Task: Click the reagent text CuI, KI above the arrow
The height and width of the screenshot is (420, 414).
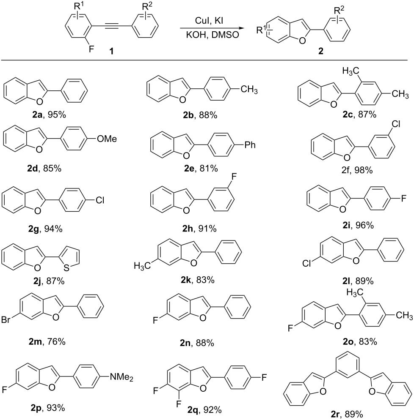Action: pyautogui.click(x=209, y=21)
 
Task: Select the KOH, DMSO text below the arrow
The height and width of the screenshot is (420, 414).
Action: pyautogui.click(x=212, y=35)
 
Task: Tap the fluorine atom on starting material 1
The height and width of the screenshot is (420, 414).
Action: pyautogui.click(x=91, y=49)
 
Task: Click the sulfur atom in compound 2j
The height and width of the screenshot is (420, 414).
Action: pyautogui.click(x=66, y=268)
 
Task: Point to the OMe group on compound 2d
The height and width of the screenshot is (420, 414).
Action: pyautogui.click(x=107, y=139)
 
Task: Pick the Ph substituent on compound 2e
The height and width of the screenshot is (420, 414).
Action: pyautogui.click(x=250, y=145)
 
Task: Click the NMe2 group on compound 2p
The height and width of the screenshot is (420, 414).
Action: pyautogui.click(x=121, y=377)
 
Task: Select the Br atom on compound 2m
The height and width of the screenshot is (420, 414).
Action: pyautogui.click(x=6, y=320)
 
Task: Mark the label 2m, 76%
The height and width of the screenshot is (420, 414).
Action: pyautogui.click(x=47, y=342)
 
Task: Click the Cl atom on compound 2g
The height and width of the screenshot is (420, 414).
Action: pyautogui.click(x=100, y=200)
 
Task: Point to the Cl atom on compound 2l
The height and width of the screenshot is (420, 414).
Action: pyautogui.click(x=306, y=264)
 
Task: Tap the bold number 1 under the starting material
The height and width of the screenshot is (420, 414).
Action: pyautogui.click(x=112, y=51)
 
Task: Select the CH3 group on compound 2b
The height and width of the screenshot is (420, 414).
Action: pyautogui.click(x=249, y=89)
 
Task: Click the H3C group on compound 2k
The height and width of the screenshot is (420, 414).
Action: pyautogui.click(x=142, y=266)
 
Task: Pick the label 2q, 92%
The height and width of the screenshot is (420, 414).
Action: pyautogui.click(x=204, y=410)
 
